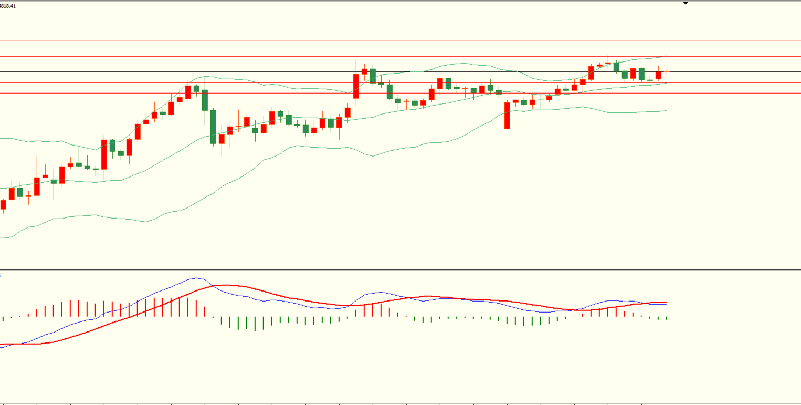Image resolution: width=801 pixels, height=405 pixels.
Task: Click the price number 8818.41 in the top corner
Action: point(8,6)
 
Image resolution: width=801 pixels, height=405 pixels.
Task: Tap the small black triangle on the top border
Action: point(686,3)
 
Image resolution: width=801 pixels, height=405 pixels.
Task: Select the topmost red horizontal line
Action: point(399,41)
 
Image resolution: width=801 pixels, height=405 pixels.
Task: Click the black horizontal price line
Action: point(399,71)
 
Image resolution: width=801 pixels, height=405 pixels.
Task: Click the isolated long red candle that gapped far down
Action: point(507,115)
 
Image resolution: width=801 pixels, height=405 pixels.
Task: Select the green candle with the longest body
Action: point(213,127)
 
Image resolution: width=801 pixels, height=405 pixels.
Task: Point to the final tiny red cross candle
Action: point(667,71)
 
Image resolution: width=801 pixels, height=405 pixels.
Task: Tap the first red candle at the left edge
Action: point(3,204)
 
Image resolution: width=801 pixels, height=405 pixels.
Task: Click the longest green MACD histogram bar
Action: point(255,324)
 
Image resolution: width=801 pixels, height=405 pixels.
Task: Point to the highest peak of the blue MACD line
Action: point(197,278)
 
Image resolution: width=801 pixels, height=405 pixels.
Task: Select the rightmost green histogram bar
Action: point(667,318)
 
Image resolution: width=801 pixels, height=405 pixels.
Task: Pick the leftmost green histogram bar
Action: point(3,318)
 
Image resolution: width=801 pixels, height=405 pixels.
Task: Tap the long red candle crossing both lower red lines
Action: point(356,86)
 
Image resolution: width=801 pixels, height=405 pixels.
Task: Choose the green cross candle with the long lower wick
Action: point(541,100)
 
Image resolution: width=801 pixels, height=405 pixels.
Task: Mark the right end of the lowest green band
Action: point(666,110)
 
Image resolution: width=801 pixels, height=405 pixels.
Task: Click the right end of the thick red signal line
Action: point(666,303)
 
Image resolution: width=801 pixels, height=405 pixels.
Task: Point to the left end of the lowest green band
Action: point(2,238)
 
